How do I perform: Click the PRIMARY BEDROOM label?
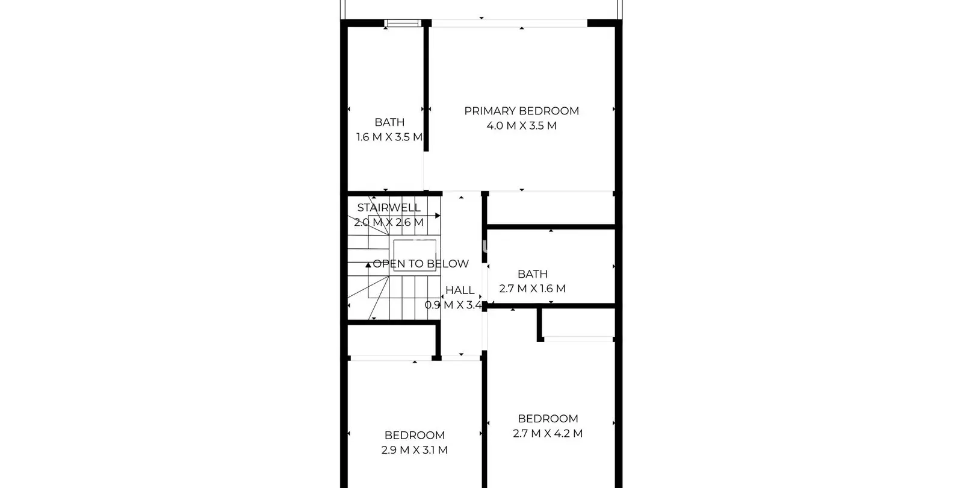[521, 111]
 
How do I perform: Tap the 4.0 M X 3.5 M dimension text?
[521, 126]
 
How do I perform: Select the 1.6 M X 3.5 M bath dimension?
[389, 137]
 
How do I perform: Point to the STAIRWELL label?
[389, 207]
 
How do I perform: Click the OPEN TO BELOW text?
[421, 263]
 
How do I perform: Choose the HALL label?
[460, 290]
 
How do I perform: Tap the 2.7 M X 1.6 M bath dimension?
[532, 289]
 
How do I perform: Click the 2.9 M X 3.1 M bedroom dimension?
[415, 449]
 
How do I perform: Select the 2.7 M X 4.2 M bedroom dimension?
[548, 433]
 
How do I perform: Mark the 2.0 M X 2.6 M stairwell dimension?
[389, 222]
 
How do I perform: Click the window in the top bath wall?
[403, 23]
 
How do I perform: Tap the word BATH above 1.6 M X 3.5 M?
[389, 122]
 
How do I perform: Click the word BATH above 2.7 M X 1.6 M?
[532, 274]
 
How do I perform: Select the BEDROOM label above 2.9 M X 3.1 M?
[415, 435]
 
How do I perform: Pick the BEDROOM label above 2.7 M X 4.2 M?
[548, 419]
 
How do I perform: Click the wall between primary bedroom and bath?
[426, 86]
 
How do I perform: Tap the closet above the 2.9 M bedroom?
[392, 340]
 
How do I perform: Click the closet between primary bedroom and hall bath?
[550, 208]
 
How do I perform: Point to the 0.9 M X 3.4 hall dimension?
[453, 305]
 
